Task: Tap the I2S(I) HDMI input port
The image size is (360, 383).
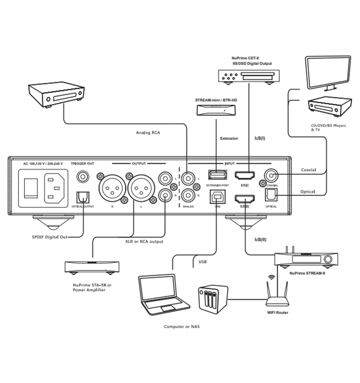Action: (244, 176)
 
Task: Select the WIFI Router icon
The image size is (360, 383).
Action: (277, 293)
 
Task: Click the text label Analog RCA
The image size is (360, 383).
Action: (148, 133)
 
